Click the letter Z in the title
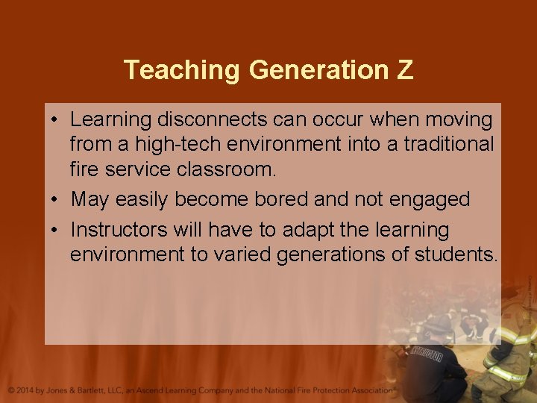tap(403, 69)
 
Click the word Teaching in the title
tap(183, 69)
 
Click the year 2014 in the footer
tap(31, 390)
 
